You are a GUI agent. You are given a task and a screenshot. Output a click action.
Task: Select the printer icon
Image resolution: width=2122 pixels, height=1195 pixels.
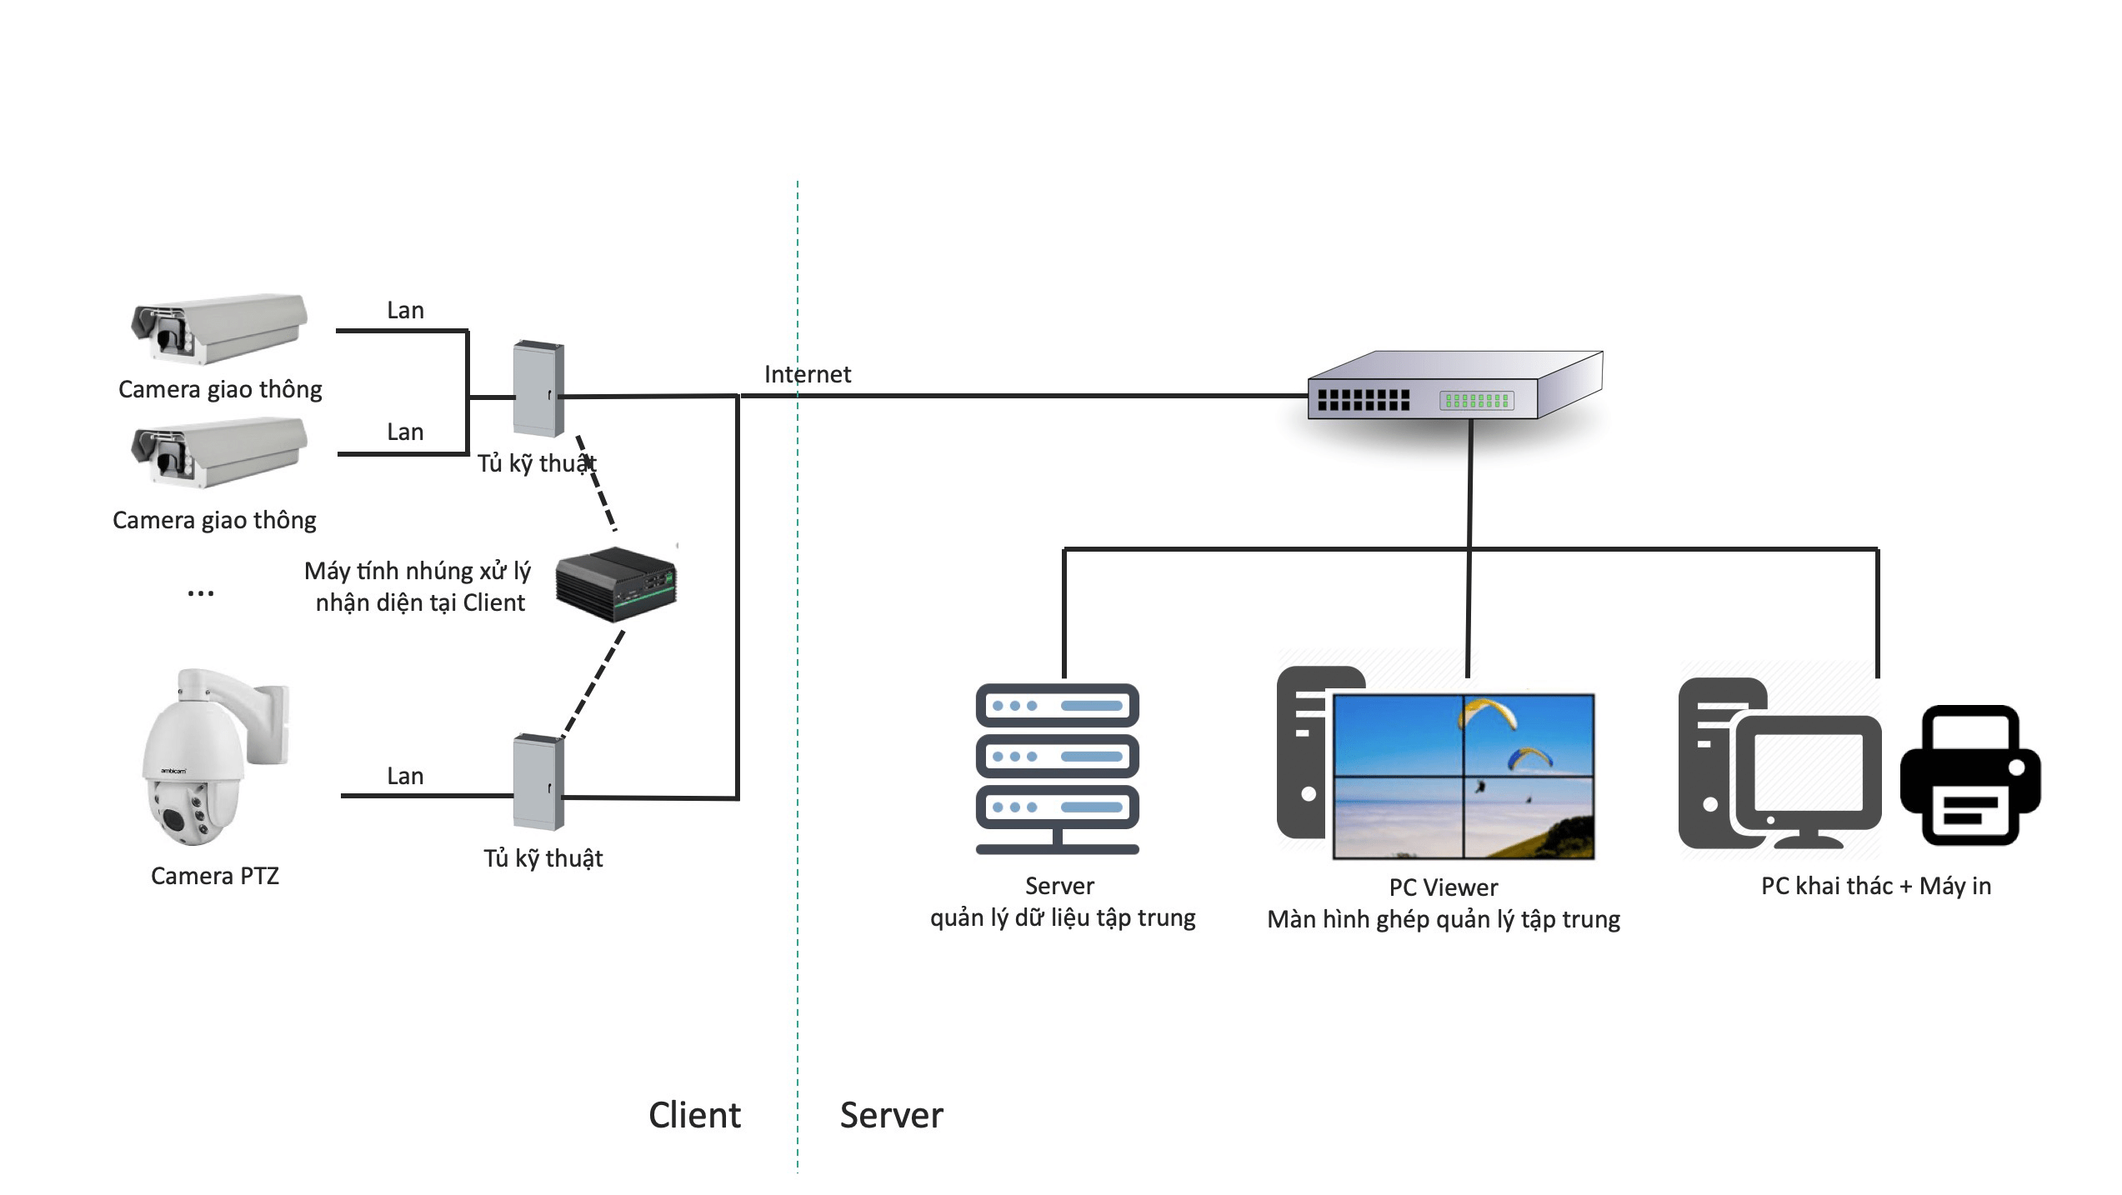click(1969, 777)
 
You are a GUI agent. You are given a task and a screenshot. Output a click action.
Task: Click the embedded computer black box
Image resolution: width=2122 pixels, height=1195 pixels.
click(616, 584)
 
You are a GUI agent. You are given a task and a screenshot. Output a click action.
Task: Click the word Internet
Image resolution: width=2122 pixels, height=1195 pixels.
click(807, 375)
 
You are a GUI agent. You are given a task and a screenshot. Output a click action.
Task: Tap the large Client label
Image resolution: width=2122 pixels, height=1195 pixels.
click(694, 1115)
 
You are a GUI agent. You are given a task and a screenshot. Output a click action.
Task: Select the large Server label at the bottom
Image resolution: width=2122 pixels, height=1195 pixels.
click(891, 1115)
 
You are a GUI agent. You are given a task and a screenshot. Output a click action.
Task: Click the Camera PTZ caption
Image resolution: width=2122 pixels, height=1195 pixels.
click(215, 876)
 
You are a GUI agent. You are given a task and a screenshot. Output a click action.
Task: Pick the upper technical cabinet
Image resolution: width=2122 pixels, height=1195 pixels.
click(538, 388)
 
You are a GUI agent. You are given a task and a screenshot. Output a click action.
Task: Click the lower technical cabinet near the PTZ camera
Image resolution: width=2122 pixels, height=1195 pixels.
click(538, 782)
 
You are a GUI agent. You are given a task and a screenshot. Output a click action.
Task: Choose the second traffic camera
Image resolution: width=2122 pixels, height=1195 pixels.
click(219, 452)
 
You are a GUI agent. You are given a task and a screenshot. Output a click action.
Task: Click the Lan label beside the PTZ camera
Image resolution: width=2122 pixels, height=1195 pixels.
click(405, 777)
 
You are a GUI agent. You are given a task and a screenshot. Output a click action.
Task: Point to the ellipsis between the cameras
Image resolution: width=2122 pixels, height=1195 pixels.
click(201, 593)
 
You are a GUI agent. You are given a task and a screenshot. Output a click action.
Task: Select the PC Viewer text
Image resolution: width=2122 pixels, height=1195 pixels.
click(1443, 887)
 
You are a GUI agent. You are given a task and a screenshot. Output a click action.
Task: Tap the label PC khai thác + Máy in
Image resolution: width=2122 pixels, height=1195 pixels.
click(1875, 886)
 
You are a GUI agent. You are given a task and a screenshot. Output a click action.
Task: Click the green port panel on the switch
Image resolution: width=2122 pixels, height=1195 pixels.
click(1476, 401)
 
